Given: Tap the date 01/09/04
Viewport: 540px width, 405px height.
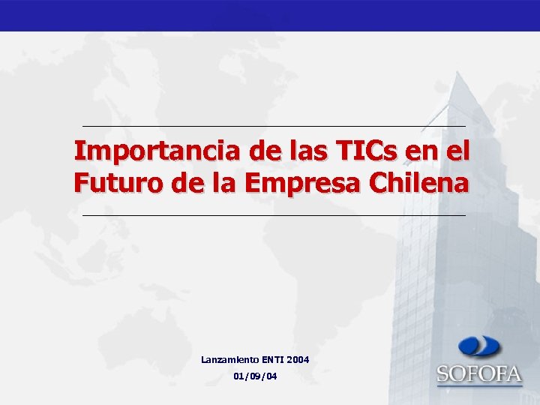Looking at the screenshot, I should (x=255, y=376).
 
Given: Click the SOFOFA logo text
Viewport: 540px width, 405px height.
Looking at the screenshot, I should (x=479, y=373).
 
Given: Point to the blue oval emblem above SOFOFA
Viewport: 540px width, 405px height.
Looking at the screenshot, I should (x=479, y=347).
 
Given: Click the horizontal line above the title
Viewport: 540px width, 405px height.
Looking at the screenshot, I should (x=273, y=125).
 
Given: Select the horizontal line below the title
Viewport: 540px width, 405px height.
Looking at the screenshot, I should (x=273, y=215).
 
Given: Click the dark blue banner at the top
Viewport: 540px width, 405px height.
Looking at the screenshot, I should (x=270, y=15).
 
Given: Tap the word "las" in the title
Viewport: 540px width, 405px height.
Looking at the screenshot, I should (x=306, y=152).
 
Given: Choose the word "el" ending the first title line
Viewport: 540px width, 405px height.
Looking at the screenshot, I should (x=457, y=152).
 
